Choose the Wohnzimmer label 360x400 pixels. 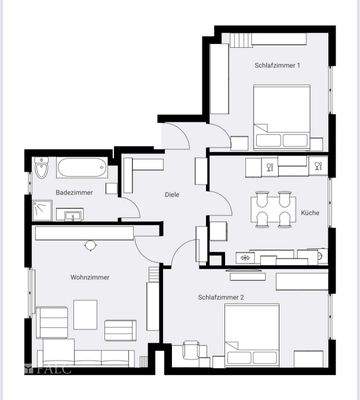point(90,277)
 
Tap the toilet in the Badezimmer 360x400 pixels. point(40,167)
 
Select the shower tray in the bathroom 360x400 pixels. point(42,210)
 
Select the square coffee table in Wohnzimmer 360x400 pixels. point(85,315)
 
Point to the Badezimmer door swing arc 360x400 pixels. point(130,208)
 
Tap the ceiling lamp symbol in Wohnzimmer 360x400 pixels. point(90,245)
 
